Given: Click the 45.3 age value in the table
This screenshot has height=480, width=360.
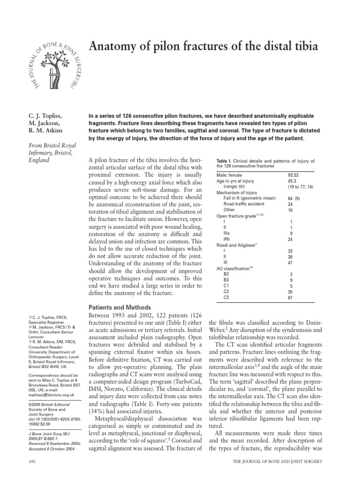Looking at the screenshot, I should (292, 180).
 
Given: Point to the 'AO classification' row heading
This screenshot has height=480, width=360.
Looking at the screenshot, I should (234, 268).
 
